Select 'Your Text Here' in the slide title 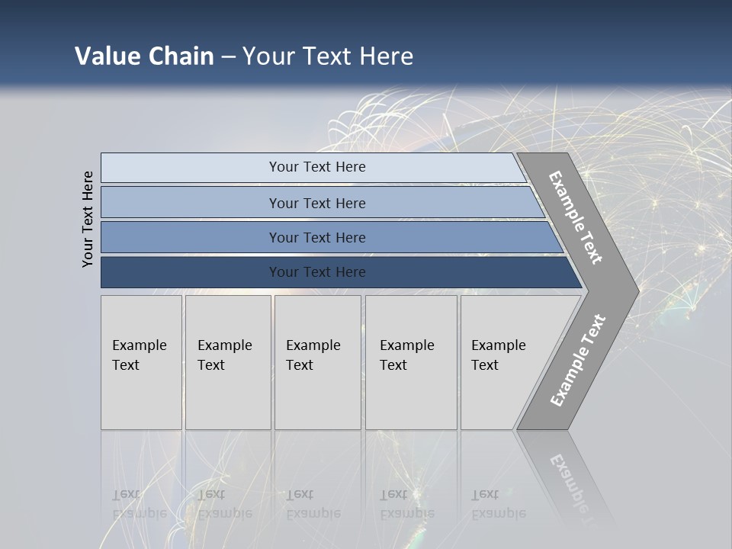click(328, 56)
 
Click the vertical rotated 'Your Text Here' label click(88, 219)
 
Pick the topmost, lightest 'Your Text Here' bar click(317, 167)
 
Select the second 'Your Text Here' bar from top click(317, 203)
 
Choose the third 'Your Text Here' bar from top click(317, 237)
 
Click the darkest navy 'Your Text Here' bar click(317, 272)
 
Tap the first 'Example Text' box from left click(141, 362)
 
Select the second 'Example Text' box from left click(228, 362)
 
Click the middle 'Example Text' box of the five click(317, 362)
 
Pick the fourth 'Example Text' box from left click(411, 362)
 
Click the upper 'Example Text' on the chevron click(576, 217)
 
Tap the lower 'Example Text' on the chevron click(577, 361)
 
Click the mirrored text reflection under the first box click(140, 504)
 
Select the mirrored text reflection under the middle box click(313, 504)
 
